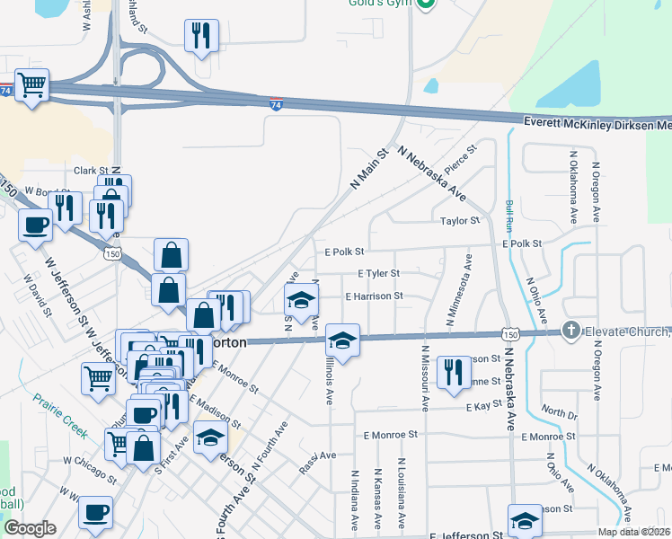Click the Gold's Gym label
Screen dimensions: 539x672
coord(380,4)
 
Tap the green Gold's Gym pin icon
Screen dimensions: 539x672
coord(427,4)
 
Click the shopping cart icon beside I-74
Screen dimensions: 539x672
coord(31,86)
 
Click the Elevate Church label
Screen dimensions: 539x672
coord(627,331)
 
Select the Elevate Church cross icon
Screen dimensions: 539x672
coord(570,331)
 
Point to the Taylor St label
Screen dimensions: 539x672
coord(460,220)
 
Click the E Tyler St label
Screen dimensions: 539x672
coord(377,273)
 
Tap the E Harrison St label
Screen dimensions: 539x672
coord(375,296)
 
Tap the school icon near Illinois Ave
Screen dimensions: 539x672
coord(342,340)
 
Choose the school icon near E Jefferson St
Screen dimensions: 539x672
coord(525,520)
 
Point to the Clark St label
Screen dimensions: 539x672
coord(91,170)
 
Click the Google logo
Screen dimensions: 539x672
coord(30,528)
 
